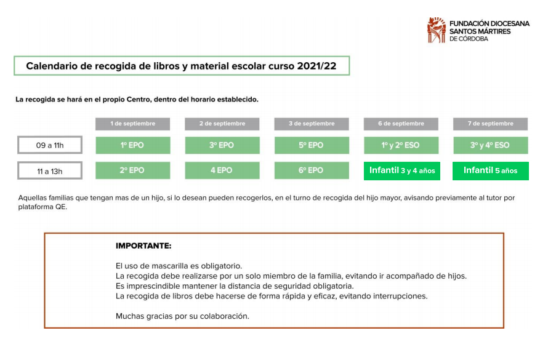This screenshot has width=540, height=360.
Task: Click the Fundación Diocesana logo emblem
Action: pos(437,30)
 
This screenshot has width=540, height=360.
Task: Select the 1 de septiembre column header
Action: pos(132,124)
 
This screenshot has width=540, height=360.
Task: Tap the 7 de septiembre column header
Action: pos(490,124)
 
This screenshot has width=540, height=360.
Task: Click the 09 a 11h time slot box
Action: pos(50,145)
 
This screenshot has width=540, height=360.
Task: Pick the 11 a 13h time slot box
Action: pos(50,170)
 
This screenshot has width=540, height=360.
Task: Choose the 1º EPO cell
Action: pos(133,145)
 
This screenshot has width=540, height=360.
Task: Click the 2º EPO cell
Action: pos(133,170)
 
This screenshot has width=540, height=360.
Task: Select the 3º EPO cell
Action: pos(222,145)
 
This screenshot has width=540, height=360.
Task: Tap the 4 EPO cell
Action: pos(222,170)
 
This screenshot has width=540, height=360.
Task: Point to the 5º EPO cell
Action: pos(312,145)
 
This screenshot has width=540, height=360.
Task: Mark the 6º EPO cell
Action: pos(312,170)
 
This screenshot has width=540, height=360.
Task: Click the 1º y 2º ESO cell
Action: pos(401,145)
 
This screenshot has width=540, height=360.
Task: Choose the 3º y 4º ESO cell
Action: pos(491,145)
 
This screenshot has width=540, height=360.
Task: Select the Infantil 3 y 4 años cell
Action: pos(402,170)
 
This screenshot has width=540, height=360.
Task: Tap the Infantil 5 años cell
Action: pos(491,170)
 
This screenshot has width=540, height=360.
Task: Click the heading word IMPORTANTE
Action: pos(143,246)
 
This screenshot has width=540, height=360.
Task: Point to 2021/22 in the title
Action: pos(316,66)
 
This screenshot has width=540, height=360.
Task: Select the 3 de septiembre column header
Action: pos(312,124)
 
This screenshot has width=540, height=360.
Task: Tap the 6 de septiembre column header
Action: pos(401,124)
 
